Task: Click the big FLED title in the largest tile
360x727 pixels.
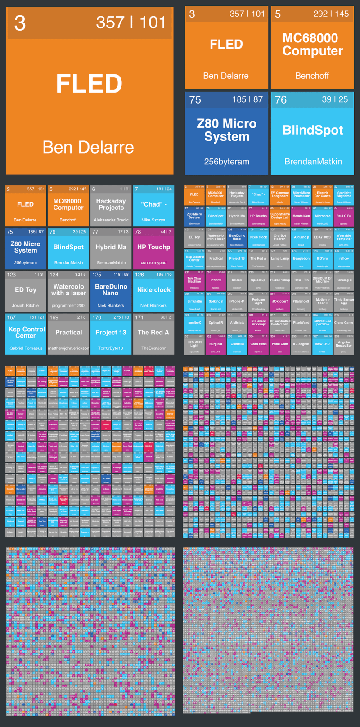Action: pos(89,84)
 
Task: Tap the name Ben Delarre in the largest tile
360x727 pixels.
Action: pos(88,147)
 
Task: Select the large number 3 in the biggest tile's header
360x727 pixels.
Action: pos(20,23)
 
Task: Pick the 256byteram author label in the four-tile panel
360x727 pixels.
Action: pos(226,161)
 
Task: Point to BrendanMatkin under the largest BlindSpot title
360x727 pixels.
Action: pos(313,161)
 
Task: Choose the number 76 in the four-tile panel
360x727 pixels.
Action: pos(281,99)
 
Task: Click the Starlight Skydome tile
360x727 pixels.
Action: pos(344,195)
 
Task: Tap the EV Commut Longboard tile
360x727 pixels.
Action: pos(280,195)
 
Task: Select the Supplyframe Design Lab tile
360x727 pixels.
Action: pos(280,216)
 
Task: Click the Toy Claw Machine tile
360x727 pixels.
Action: pos(194,280)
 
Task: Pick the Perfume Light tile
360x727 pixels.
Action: pos(258,301)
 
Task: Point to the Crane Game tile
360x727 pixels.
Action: pos(344,323)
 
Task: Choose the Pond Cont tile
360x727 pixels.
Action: pos(280,344)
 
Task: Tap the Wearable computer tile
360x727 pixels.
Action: pos(344,237)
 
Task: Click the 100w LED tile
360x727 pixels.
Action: pos(322,344)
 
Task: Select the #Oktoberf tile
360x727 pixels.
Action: pos(280,301)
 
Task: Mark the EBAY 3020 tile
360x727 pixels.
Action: pos(322,237)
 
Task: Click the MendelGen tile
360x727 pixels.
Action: pos(301,216)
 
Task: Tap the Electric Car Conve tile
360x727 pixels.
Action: pos(322,195)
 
